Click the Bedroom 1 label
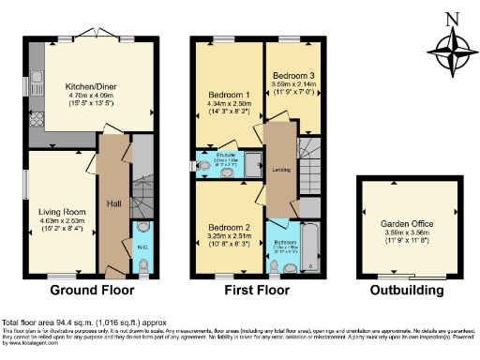228,95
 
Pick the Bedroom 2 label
229,227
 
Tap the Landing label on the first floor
279,169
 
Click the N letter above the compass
449,20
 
